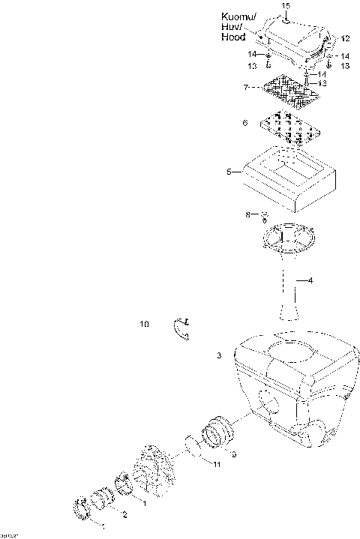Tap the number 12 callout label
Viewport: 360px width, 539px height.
345,37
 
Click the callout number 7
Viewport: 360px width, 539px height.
245,88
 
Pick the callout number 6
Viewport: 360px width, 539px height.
244,122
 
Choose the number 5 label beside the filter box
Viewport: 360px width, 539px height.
229,172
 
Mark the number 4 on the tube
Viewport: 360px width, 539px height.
310,281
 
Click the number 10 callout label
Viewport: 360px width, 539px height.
144,325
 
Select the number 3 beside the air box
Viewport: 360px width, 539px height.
219,355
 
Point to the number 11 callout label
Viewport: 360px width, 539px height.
216,466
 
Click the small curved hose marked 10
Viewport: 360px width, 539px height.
181,327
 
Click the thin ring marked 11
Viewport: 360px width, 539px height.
194,447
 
